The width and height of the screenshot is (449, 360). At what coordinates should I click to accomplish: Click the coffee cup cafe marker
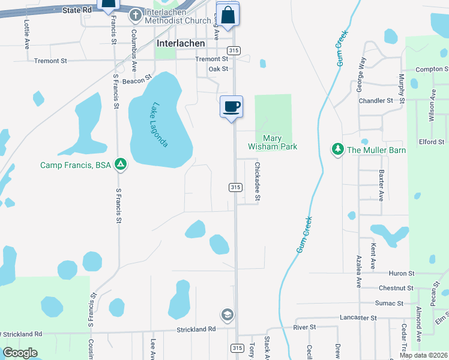point(231,107)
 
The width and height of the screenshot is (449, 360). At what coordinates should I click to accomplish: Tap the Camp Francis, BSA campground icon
point(121,164)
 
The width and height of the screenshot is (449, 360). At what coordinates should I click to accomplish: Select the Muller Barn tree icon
point(338,149)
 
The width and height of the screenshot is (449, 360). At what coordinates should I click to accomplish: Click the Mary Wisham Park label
point(273,142)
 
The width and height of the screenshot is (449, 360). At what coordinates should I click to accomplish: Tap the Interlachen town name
point(181,44)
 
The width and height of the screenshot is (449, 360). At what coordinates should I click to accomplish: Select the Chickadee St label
point(258,181)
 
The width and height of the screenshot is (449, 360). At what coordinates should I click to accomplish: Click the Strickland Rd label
point(196,329)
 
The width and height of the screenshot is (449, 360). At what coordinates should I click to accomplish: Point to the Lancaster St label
point(357,317)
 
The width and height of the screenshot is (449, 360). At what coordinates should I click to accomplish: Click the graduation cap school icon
point(228,314)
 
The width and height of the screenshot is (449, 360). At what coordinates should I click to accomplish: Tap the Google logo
point(20,353)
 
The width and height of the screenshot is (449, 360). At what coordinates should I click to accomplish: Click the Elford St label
point(432,142)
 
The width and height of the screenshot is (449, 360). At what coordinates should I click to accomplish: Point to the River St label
point(304,327)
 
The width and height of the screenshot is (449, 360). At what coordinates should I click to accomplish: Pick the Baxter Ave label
point(381,184)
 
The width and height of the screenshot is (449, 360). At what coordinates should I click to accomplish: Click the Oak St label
point(218,69)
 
